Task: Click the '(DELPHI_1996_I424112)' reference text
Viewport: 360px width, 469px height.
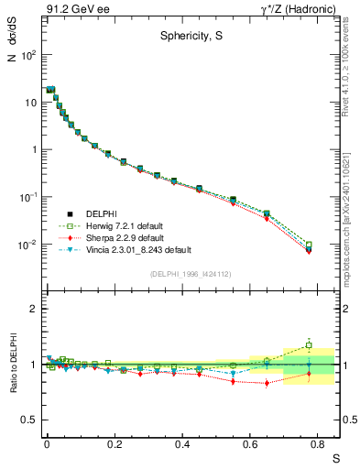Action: (189, 273)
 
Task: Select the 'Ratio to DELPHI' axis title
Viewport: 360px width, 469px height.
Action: (14, 365)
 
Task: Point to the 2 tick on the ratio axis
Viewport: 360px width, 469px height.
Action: (33, 309)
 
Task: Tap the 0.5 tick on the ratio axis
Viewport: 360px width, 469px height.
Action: (29, 420)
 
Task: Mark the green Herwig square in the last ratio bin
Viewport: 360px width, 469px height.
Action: (309, 345)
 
